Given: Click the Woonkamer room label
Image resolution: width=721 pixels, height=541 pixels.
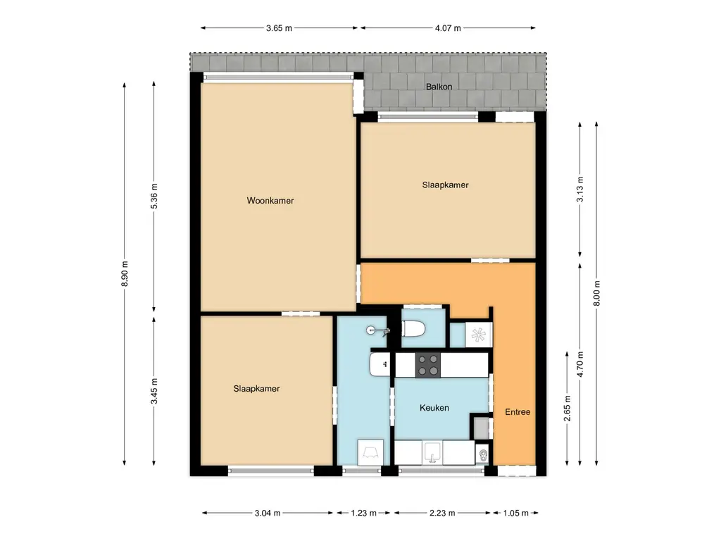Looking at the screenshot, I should click(x=270, y=201).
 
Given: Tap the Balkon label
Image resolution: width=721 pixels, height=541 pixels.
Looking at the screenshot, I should click(x=439, y=87).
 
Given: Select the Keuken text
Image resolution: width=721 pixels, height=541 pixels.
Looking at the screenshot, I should click(x=434, y=408).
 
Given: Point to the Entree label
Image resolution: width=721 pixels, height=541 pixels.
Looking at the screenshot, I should click(x=518, y=412).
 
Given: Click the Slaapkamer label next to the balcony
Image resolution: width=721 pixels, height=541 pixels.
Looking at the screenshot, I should click(x=445, y=185).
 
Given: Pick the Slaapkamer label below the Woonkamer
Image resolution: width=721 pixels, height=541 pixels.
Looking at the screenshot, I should click(x=256, y=389).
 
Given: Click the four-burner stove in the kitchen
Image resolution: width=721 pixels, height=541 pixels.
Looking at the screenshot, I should click(x=427, y=365).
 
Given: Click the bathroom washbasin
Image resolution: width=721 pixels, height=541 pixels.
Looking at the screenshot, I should click(x=380, y=364).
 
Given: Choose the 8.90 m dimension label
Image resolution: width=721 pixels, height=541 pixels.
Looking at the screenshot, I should click(x=125, y=273).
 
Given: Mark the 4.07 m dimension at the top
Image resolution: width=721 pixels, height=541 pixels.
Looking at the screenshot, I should click(x=448, y=28).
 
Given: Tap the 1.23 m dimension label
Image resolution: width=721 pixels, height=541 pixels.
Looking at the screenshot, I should click(x=363, y=513).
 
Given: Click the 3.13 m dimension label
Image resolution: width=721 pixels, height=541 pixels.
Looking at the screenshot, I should click(x=579, y=189).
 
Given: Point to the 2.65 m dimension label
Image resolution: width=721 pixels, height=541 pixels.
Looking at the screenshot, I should click(x=568, y=407).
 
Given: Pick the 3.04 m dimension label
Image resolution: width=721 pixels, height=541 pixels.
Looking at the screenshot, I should click(x=268, y=513).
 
